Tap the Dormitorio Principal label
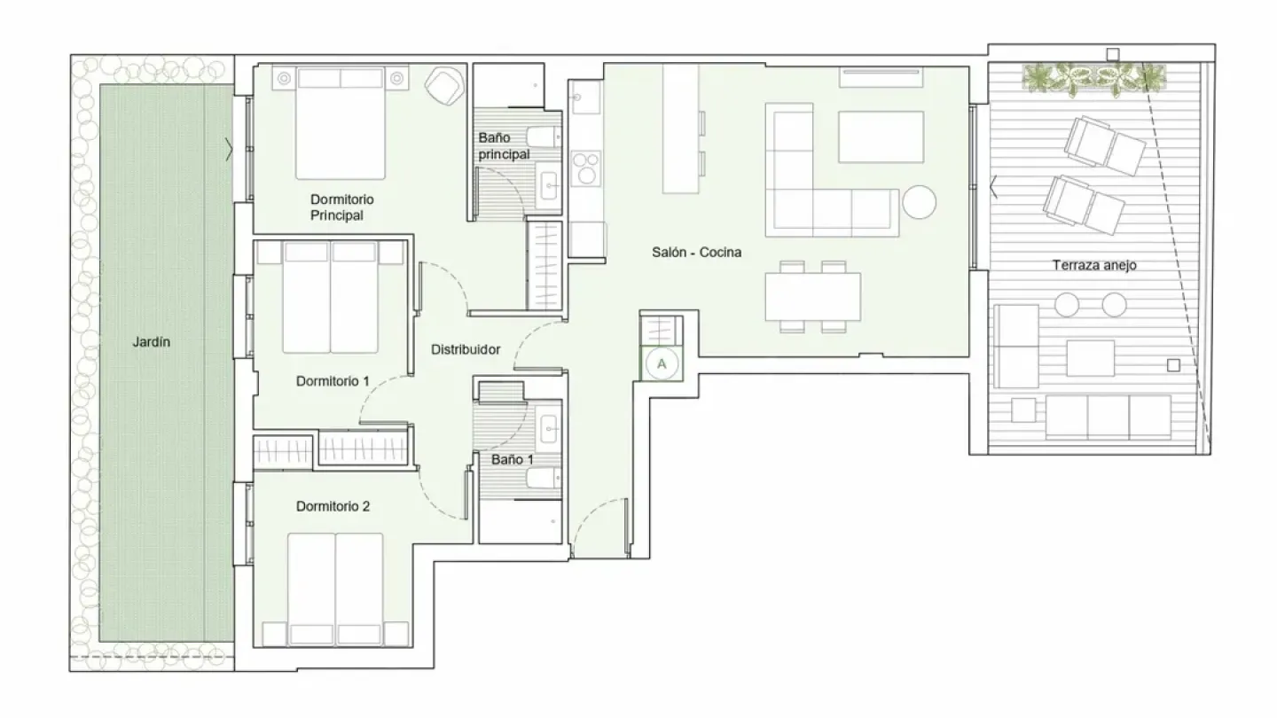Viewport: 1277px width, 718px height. click(342, 207)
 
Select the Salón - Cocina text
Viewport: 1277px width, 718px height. click(696, 253)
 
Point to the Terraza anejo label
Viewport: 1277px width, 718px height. click(1094, 264)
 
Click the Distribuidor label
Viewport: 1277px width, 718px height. click(466, 350)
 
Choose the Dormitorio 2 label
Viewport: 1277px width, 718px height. click(333, 507)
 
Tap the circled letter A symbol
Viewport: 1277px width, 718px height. click(662, 362)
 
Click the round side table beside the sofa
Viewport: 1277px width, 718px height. click(920, 201)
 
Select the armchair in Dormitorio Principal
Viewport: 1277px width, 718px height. click(443, 85)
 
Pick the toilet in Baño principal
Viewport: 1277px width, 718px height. click(542, 137)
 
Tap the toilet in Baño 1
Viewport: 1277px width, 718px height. click(542, 479)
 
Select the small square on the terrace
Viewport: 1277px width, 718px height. click(1173, 364)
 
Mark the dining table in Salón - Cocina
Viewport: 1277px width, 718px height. click(812, 297)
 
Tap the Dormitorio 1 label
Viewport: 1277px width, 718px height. click(333, 381)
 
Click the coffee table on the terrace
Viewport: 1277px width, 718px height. click(1090, 358)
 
